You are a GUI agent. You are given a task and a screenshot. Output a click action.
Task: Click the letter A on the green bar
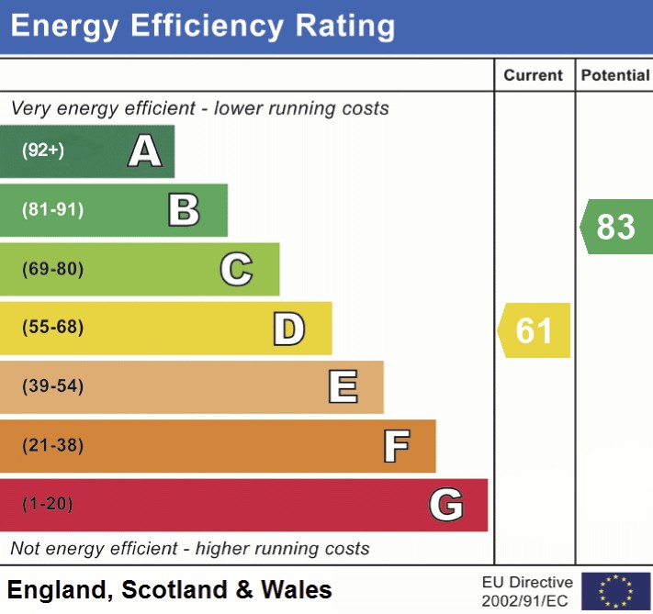pos(144,151)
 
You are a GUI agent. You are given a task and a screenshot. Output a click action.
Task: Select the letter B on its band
pos(184,210)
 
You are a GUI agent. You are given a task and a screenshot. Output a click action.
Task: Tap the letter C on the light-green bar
pos(236,270)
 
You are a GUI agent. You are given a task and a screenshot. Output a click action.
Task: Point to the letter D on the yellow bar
pos(288,329)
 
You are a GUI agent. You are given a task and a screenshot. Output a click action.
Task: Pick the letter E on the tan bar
pos(343,387)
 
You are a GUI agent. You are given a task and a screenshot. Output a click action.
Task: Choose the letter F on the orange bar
pos(396,447)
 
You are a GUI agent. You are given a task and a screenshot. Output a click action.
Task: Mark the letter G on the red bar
pos(445,505)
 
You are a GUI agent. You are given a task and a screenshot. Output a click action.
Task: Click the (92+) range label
pos(43,151)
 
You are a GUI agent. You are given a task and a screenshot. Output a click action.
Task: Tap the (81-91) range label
pos(52,210)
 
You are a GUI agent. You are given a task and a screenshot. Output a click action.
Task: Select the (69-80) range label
pos(52,270)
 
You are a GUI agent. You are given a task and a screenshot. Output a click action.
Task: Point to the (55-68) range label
pos(52,329)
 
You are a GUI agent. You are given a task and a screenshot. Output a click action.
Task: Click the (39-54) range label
pos(52,387)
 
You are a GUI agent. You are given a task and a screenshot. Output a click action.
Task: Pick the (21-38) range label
pos(52,447)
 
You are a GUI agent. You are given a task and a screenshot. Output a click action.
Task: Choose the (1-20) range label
pos(47,505)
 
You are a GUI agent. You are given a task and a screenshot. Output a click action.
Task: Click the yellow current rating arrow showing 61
pos(535,330)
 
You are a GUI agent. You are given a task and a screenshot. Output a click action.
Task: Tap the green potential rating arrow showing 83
pos(615,226)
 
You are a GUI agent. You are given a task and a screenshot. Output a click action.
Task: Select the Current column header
pos(534,75)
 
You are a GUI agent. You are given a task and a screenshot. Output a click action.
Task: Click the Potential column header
pos(614,75)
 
